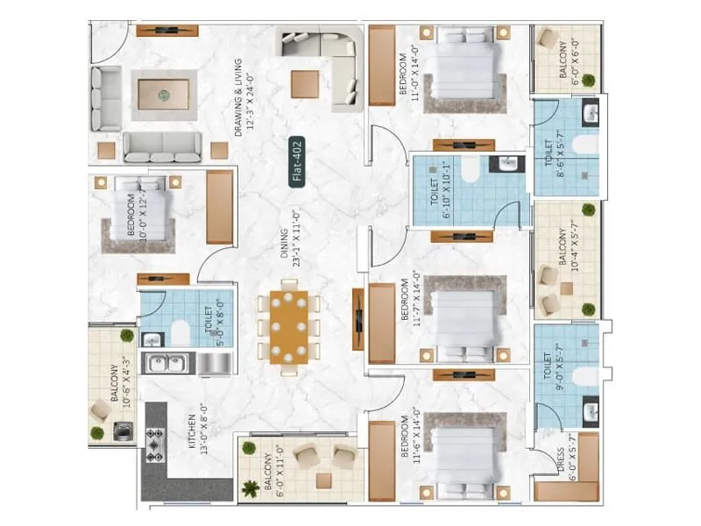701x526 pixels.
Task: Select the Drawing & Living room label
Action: coord(243,98)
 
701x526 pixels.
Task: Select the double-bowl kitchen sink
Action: coord(165,362)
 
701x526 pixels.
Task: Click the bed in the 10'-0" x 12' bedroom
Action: coord(140,210)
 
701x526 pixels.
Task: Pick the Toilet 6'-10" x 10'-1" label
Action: coord(440,189)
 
